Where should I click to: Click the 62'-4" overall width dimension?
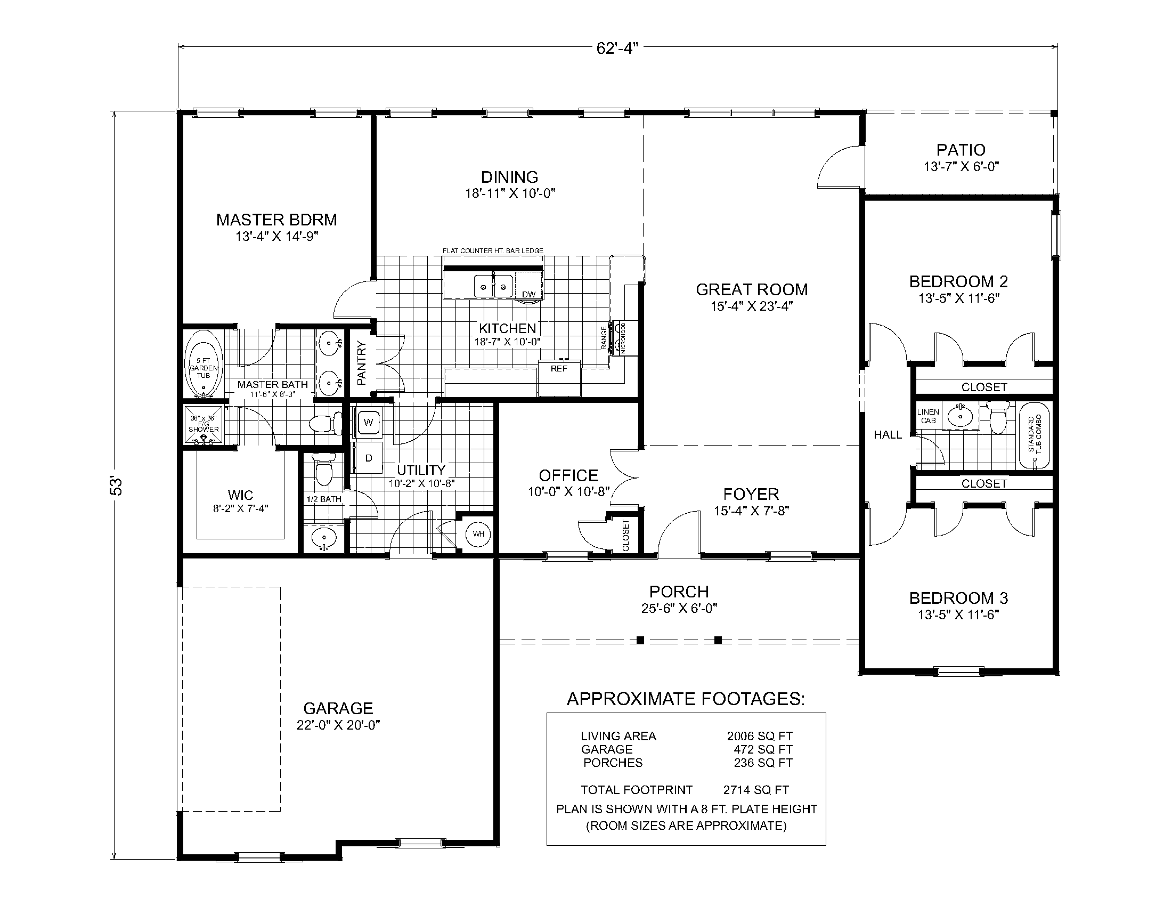616,48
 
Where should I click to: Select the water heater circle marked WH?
478,534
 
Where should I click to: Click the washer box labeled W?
369,423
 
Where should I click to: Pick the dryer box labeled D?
369,458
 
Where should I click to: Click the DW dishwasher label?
528,294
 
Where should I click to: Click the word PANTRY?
361,363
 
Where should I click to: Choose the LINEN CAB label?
928,417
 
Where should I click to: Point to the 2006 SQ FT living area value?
759,736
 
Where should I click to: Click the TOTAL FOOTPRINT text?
636,790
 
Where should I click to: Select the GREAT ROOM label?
751,290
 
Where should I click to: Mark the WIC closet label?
240,495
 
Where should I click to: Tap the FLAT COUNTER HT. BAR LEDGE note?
493,250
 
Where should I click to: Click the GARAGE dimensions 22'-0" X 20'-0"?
338,725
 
